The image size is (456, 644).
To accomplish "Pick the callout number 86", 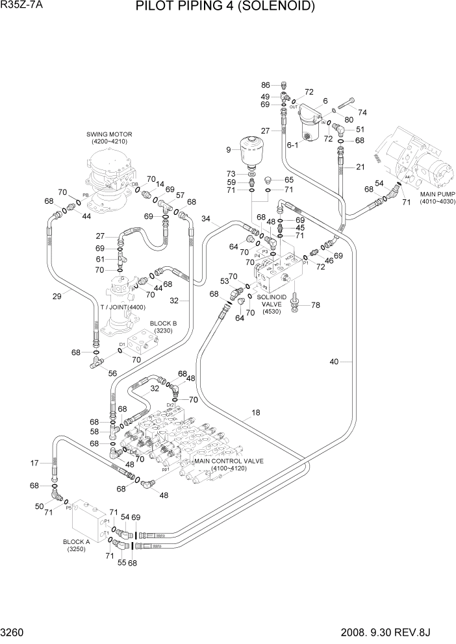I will [x=265, y=85].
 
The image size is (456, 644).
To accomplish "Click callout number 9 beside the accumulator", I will [x=228, y=150].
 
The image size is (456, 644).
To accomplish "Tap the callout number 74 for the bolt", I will [x=362, y=112].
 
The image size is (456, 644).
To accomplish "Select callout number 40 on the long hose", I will [x=352, y=362].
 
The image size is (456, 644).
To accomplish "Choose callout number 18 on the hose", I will [x=256, y=412].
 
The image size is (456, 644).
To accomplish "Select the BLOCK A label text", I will [x=77, y=541].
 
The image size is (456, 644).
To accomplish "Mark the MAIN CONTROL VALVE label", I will [x=229, y=460].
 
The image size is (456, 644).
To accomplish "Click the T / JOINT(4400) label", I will [x=127, y=307].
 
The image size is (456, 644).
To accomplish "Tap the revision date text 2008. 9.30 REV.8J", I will [x=403, y=632].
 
